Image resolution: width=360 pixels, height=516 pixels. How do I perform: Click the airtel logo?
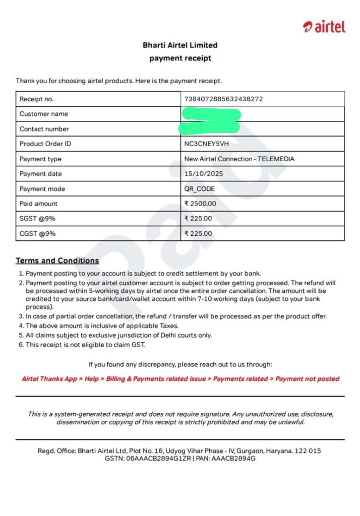(x=324, y=27)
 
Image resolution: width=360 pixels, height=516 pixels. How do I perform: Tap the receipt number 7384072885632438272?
(x=223, y=99)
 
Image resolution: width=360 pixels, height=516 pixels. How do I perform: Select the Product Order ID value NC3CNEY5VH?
(x=206, y=144)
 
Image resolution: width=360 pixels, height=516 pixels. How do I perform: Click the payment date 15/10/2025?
(x=203, y=174)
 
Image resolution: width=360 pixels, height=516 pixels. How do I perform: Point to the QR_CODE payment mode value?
(x=200, y=189)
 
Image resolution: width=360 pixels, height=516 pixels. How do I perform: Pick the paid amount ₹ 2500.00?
(x=200, y=204)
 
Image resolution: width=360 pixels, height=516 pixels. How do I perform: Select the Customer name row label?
(x=43, y=114)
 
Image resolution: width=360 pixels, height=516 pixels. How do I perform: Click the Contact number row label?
(x=44, y=129)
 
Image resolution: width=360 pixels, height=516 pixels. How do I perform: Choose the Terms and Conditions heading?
(x=57, y=261)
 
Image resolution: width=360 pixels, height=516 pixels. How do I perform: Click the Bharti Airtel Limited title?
(x=180, y=45)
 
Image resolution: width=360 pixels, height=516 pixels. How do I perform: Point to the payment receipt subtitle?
(x=180, y=58)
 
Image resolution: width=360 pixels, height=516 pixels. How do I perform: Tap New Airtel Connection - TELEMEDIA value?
(x=239, y=159)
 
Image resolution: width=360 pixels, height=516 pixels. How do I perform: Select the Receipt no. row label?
(x=36, y=99)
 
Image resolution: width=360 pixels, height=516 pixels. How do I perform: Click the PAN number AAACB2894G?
(x=233, y=459)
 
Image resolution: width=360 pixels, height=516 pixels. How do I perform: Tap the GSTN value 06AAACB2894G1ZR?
(x=158, y=459)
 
